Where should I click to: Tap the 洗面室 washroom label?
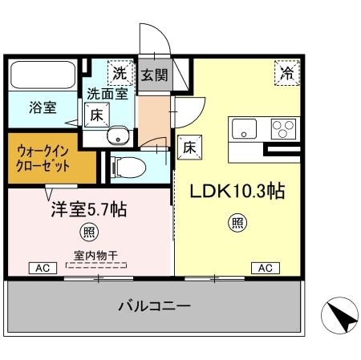point(106,93)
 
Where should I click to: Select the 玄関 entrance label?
point(155,76)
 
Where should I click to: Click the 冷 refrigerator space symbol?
point(286,73)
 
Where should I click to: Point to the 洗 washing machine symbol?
point(119,72)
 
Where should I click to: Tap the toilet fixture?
point(128,167)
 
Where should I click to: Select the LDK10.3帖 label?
point(237,192)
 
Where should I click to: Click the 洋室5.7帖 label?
point(89,210)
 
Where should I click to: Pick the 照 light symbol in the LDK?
point(237,222)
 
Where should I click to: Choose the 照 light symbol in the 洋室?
point(87,233)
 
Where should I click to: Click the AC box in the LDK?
point(264,268)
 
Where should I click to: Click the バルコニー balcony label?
point(154,305)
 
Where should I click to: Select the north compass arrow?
point(340,316)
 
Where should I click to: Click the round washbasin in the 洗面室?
point(118,134)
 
